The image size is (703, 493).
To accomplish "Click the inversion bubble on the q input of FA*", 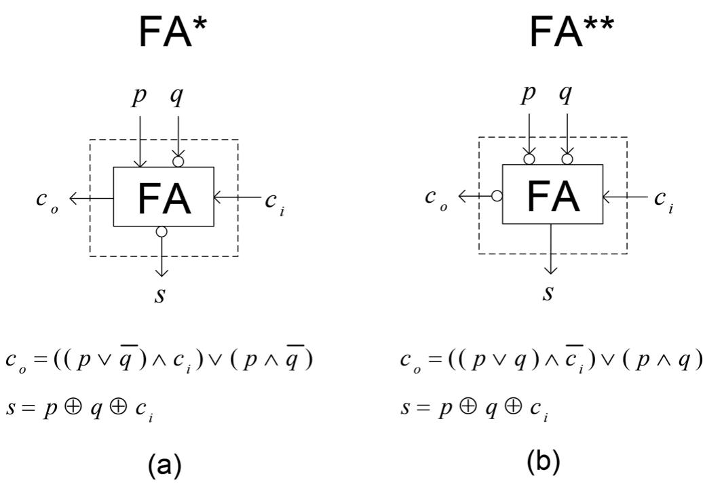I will (x=178, y=161).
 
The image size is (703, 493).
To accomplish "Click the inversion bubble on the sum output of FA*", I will (x=161, y=232).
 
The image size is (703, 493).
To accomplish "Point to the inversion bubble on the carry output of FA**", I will (x=497, y=196).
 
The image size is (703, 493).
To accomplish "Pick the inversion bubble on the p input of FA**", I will (x=529, y=159).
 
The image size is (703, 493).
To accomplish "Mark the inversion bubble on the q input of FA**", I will (x=567, y=159).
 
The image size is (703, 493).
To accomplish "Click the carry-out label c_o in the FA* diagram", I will (x=47, y=201).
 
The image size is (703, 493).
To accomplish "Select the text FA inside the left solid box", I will (x=164, y=198).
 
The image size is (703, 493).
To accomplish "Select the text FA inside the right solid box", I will (x=553, y=195).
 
